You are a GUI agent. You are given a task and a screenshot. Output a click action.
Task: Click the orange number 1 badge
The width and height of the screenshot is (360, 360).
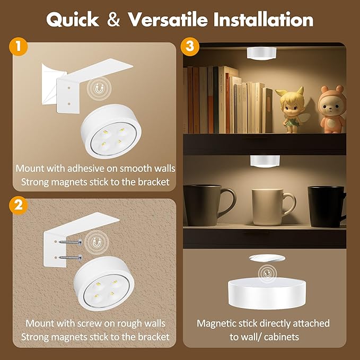[19, 46]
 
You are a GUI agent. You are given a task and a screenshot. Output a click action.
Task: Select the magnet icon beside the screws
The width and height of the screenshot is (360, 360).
[97, 241]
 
